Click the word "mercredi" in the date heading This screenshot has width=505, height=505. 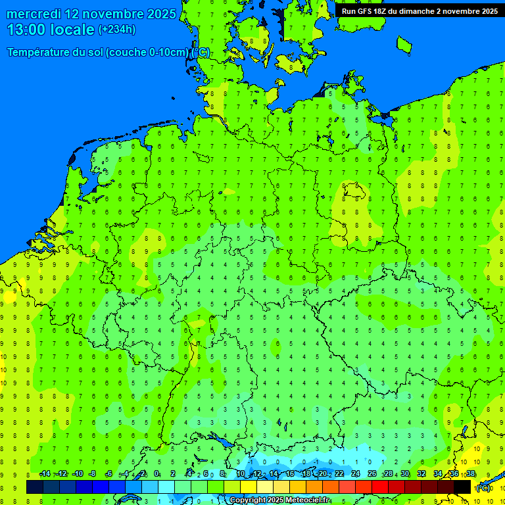[x=34, y=14]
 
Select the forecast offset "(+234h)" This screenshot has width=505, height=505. [x=117, y=30]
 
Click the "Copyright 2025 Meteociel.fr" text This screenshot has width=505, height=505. [x=279, y=500]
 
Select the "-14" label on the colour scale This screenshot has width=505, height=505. [x=45, y=474]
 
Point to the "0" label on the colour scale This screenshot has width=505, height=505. [x=157, y=474]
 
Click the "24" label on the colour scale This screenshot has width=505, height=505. [x=356, y=474]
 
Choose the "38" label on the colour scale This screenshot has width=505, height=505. [x=471, y=474]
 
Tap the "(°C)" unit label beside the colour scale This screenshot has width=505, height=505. [x=483, y=488]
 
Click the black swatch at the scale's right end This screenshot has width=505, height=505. [x=462, y=487]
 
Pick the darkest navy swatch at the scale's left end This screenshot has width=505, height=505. [x=35, y=487]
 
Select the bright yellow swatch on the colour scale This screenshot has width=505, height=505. [x=249, y=487]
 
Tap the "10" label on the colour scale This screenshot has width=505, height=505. [x=241, y=474]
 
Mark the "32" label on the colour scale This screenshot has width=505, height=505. [x=421, y=474]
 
